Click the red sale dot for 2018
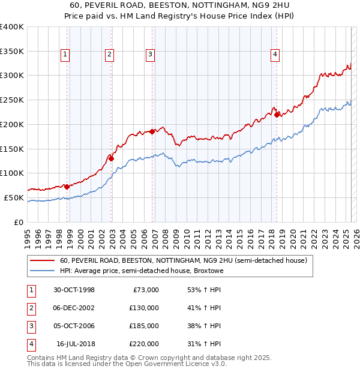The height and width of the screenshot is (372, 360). (x=277, y=115)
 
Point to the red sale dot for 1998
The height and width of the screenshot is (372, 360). (x=67, y=187)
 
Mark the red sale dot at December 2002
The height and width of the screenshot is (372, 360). (x=111, y=158)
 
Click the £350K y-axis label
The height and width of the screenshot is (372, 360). (x=11, y=51)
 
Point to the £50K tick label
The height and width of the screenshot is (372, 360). (x=14, y=197)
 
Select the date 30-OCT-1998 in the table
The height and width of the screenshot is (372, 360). (x=74, y=290)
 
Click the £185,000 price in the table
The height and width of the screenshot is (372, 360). (x=143, y=326)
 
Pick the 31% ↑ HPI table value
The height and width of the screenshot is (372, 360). (x=204, y=344)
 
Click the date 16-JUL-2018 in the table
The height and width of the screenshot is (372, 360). (x=76, y=344)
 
